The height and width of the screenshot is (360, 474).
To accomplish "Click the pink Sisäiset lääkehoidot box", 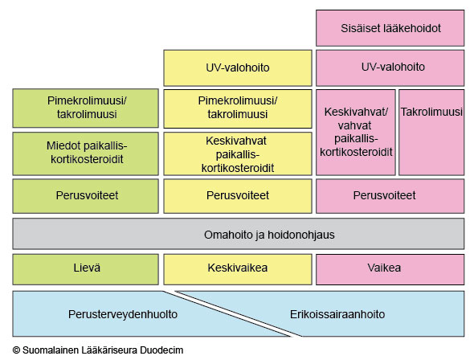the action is (x=390, y=28).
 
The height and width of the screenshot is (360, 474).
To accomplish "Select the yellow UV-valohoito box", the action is (x=238, y=68).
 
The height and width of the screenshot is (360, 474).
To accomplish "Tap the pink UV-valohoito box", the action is (x=390, y=68).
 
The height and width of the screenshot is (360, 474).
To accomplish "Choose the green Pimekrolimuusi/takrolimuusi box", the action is (x=85, y=108).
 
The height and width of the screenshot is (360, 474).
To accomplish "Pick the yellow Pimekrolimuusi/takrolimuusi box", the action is (x=238, y=108).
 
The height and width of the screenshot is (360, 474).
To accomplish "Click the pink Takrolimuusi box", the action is (x=431, y=132).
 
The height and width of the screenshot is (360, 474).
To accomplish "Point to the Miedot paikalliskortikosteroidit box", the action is (x=85, y=153).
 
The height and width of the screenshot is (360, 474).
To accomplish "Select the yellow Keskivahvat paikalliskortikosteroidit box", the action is (x=238, y=153).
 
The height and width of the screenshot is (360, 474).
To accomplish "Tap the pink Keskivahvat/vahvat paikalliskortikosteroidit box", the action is (x=356, y=132).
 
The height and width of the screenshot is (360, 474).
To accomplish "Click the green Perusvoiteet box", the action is (x=85, y=196).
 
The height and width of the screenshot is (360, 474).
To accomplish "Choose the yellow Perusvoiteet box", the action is (x=238, y=196).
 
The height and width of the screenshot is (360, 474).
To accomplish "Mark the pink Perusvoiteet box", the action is (x=390, y=196).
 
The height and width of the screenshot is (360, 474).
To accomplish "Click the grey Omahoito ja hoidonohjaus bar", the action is (x=239, y=234).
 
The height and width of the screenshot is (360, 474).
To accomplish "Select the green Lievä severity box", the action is (x=85, y=269).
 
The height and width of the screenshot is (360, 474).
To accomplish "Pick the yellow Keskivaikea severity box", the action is (x=238, y=269).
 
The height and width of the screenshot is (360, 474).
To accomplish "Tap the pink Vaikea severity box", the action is (x=390, y=269).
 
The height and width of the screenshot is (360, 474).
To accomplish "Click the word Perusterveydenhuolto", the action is (x=123, y=314).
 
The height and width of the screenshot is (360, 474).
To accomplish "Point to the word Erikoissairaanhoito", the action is (x=337, y=314).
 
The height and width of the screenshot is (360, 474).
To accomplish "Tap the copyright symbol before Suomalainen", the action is (x=16, y=350).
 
